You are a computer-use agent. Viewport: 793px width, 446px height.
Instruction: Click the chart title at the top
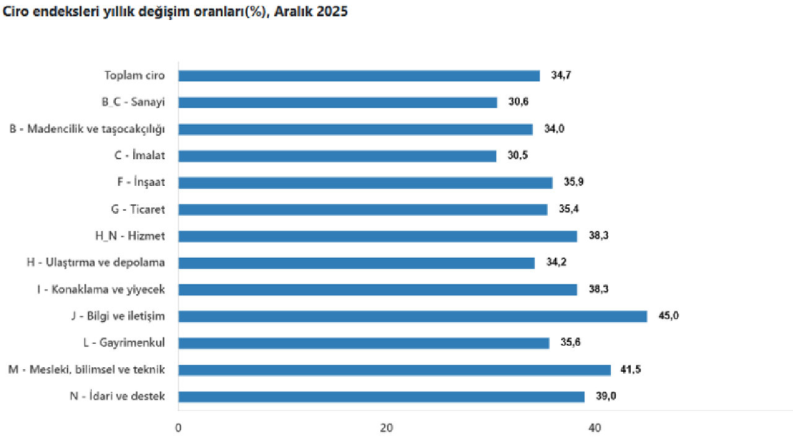[x=175, y=12]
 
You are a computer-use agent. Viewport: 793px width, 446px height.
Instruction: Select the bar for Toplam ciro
[x=359, y=76]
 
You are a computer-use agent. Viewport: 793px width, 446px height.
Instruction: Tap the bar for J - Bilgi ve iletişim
[x=413, y=317]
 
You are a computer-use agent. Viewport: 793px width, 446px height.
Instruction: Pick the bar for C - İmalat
[x=337, y=156]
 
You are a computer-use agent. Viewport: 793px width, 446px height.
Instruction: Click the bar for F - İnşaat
[x=365, y=183]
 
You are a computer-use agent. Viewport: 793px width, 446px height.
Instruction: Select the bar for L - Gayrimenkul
[x=364, y=343]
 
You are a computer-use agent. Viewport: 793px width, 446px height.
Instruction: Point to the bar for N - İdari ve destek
[x=381, y=396]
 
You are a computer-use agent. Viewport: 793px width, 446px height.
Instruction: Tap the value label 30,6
[x=519, y=102]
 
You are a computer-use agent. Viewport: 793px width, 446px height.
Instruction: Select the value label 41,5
[x=631, y=370]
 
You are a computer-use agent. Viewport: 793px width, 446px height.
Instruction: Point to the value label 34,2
[x=556, y=263]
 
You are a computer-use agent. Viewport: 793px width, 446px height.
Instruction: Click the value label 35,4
[x=569, y=209]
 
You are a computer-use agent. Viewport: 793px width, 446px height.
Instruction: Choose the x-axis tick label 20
[x=387, y=428]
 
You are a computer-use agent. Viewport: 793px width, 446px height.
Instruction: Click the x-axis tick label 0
[x=178, y=428]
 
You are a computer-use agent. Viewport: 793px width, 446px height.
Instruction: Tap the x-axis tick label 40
[x=595, y=428]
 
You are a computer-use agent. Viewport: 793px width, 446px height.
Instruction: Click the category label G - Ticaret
[x=138, y=209]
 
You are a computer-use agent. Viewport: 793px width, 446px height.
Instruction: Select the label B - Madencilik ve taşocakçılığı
[x=87, y=129]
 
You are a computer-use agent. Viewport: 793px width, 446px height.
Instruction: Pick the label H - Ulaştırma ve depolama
[x=96, y=263]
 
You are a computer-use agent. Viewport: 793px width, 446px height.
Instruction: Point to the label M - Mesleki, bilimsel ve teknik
[x=87, y=370]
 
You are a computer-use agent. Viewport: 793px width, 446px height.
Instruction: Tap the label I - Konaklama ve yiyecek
[x=100, y=289]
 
